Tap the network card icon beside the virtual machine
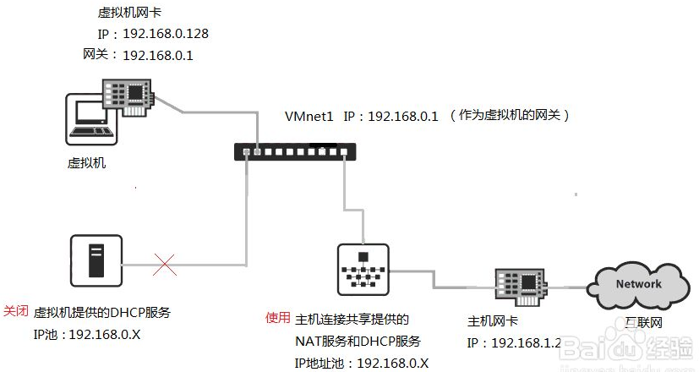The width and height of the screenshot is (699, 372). (x=128, y=93)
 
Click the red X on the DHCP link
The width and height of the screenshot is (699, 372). (x=165, y=265)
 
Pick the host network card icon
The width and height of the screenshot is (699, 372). (x=519, y=284)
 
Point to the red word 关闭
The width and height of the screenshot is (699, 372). (x=17, y=311)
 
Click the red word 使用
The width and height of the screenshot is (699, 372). (x=278, y=318)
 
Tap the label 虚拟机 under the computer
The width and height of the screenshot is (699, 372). (x=86, y=163)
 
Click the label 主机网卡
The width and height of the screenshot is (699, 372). (x=494, y=322)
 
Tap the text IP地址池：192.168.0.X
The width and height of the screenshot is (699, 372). (x=362, y=363)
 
